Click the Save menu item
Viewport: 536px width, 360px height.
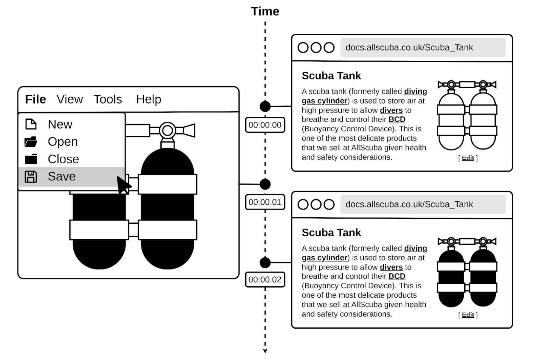point(62,176)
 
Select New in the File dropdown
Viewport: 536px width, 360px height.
point(60,124)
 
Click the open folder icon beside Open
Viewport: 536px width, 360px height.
point(31,142)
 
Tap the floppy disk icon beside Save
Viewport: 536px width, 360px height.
point(31,177)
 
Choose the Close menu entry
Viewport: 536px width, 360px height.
point(63,159)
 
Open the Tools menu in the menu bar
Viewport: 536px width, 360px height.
point(108,99)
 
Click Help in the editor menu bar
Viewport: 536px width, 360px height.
point(148,99)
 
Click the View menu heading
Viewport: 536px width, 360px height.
point(70,99)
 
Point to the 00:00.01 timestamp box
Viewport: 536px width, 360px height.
point(265,202)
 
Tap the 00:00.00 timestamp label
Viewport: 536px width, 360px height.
point(265,125)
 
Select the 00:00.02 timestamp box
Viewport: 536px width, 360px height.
point(265,280)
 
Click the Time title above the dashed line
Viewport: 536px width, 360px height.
point(265,11)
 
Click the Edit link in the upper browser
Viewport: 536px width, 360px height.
point(468,158)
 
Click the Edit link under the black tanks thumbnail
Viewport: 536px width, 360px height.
point(468,315)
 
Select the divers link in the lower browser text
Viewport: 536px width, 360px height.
point(391,267)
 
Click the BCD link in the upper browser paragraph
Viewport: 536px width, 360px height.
point(397,119)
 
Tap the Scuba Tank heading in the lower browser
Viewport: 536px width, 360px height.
point(331,233)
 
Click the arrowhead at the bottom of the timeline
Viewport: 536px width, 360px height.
point(265,351)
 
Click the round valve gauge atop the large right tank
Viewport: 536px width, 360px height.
point(167,131)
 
